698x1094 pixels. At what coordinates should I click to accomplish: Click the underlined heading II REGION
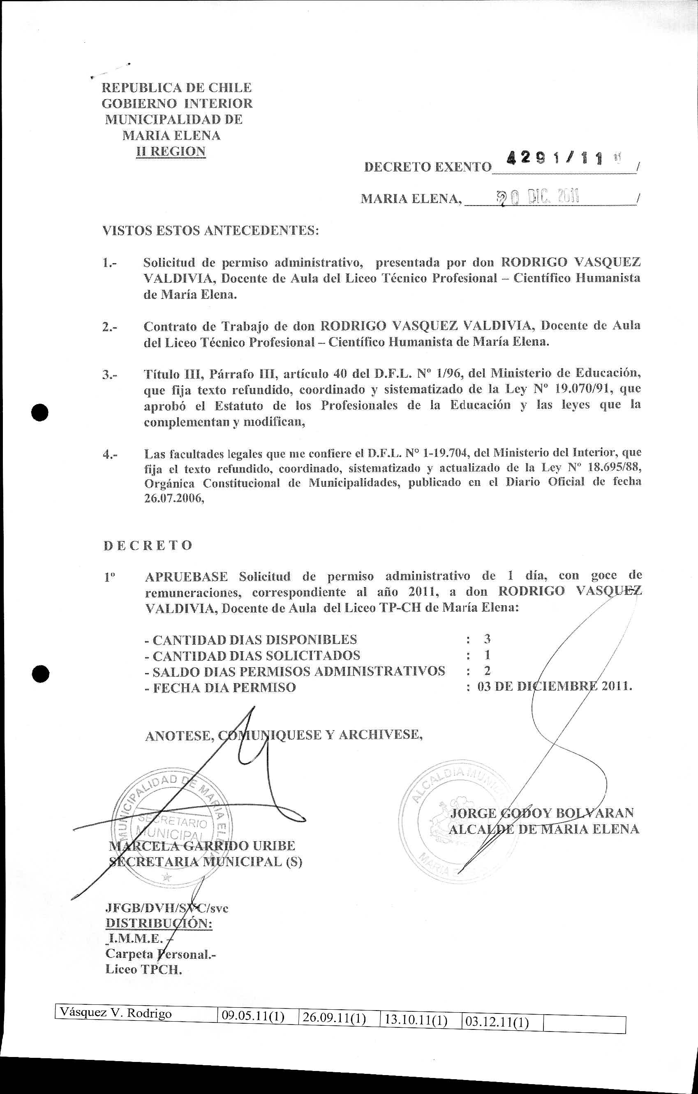(x=171, y=151)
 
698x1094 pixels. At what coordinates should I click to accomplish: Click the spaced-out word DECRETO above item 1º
(x=148, y=545)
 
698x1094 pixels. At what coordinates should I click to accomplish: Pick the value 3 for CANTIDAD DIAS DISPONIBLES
(x=487, y=639)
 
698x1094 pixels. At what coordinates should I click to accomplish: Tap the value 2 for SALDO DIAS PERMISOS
(x=487, y=671)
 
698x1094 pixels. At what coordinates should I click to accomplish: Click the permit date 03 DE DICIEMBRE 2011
(x=555, y=687)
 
